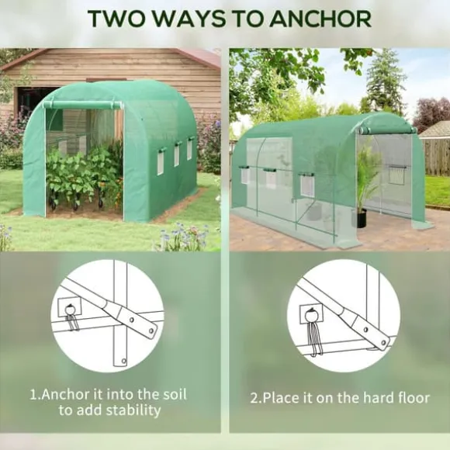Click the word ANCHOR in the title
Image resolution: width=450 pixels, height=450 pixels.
[320, 19]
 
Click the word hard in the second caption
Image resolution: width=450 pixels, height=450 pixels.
[376, 398]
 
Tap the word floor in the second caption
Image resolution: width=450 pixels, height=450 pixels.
[413, 398]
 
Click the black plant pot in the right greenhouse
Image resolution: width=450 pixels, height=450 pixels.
[362, 218]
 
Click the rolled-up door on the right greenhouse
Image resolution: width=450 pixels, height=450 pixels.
[386, 130]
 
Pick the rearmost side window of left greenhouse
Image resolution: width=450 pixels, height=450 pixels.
[189, 148]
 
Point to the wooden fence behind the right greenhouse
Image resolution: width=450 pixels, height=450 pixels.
[437, 157]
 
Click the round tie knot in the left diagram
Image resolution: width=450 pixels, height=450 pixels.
[70, 310]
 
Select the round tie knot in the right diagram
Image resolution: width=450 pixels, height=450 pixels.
[310, 315]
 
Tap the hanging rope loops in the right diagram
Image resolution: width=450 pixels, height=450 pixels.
[313, 338]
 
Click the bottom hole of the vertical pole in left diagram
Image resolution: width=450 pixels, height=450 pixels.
[123, 361]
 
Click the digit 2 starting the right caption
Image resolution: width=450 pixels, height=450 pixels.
[254, 398]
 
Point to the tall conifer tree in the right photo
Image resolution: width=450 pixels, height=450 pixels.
[385, 83]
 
